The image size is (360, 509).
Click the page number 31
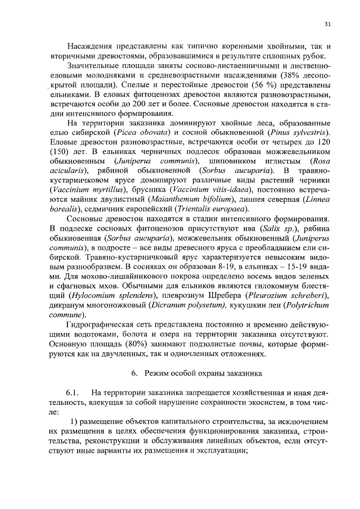click(327, 24)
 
